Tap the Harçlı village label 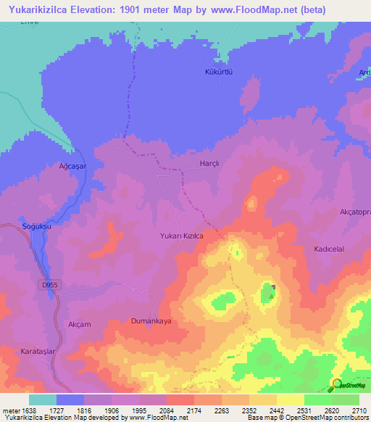[x=209, y=164]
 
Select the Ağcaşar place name [x=72, y=166]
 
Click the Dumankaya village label [x=151, y=320]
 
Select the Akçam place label [x=79, y=324]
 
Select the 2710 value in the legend [x=359, y=410]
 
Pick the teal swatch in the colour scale [x=43, y=400]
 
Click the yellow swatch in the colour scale [x=291, y=400]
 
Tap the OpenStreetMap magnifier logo [x=337, y=384]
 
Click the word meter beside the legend [x=11, y=410]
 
